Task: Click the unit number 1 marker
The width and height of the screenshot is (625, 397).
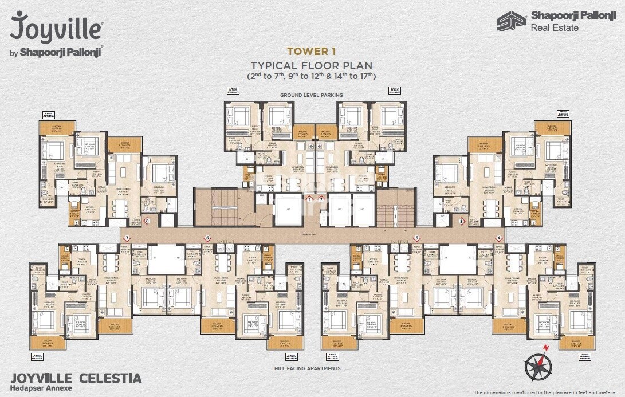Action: tap(309, 199)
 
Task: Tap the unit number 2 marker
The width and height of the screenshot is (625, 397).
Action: tap(321, 199)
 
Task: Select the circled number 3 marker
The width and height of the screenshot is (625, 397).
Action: tap(462, 221)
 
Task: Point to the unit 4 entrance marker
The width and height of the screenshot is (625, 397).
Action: tap(499, 238)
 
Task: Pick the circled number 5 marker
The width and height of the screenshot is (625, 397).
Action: tap(417, 238)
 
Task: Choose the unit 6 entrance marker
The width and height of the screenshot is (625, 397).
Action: tap(208, 238)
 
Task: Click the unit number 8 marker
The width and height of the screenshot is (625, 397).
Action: tap(147, 221)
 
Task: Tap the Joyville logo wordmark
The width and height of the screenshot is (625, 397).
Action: tap(56, 27)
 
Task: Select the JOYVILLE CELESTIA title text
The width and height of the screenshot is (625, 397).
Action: tap(76, 378)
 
